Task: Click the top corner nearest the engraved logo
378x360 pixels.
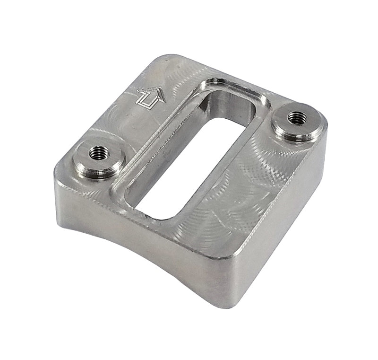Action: pos(163,59)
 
